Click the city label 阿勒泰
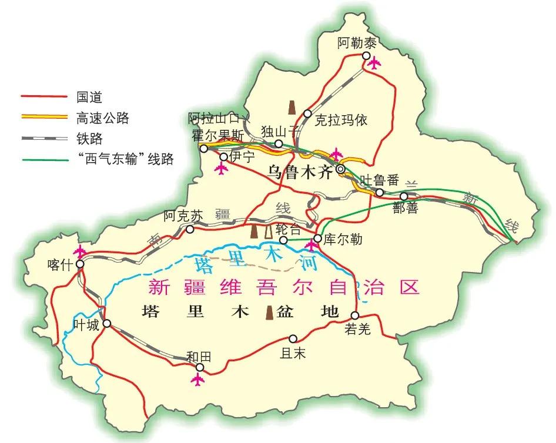point(356,42)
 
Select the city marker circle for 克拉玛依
point(307,114)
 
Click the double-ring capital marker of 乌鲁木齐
point(341,169)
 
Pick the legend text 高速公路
point(102,118)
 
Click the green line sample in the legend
point(43,159)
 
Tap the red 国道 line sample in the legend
point(43,96)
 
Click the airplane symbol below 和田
point(199,380)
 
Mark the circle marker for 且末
point(293,339)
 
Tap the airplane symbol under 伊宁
point(221,170)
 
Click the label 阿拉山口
point(214,119)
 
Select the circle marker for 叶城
point(107,324)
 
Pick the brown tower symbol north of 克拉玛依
point(291,107)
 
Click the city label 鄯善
point(406,209)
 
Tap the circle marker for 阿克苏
point(190,230)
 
